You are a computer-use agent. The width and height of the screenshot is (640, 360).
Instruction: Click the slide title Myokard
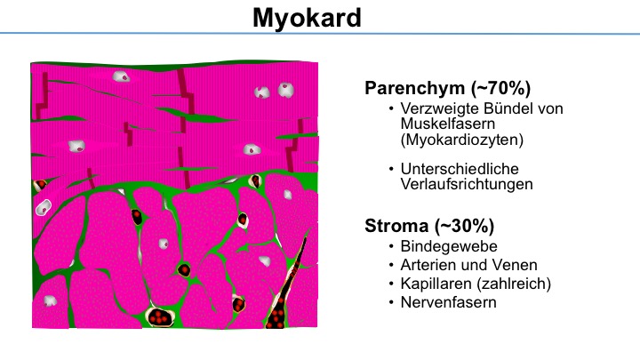tap(307, 18)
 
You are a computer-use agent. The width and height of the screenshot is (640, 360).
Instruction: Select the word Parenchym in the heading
tap(415, 88)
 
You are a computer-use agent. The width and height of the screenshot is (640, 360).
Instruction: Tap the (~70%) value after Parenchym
tap(500, 88)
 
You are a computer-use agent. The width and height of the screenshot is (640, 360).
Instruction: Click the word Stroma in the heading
tap(396, 226)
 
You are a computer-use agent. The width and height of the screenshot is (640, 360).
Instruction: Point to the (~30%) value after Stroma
tap(464, 226)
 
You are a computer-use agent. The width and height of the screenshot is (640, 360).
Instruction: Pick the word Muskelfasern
tap(448, 124)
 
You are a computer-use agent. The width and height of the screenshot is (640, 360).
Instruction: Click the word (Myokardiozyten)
tap(462, 140)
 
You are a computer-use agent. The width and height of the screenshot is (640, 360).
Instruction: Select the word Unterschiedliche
tap(460, 169)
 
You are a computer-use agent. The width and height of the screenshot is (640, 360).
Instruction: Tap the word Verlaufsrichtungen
tap(467, 184)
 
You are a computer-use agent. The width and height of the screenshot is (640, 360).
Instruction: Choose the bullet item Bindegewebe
tap(449, 246)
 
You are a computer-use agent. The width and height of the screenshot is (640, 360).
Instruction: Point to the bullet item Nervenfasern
tap(449, 302)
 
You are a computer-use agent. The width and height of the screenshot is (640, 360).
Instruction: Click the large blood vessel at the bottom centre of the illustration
tap(159, 316)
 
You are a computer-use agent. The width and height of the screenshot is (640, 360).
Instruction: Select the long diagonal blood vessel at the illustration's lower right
tap(285, 285)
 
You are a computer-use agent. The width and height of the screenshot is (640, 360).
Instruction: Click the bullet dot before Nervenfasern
tap(391, 302)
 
